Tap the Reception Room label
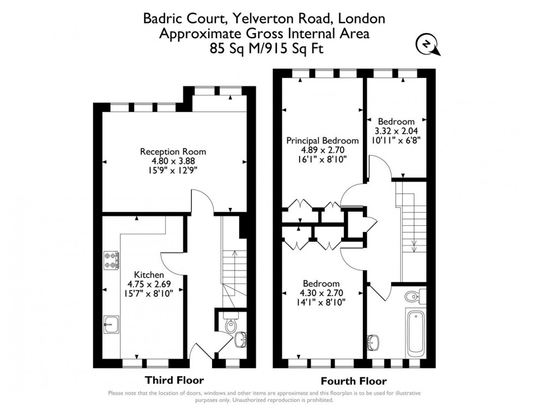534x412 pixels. click(x=173, y=151)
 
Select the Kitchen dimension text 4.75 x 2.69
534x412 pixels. click(x=149, y=284)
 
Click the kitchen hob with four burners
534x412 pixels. click(x=111, y=260)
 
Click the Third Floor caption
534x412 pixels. click(x=174, y=380)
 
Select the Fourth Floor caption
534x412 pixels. click(x=355, y=381)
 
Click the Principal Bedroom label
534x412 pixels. click(x=323, y=140)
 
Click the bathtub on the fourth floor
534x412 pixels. click(x=416, y=332)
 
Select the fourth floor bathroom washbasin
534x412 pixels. click(x=374, y=341)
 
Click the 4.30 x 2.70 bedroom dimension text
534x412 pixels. click(x=321, y=293)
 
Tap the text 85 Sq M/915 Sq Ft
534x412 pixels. click(x=264, y=48)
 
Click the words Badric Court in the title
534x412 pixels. click(x=174, y=19)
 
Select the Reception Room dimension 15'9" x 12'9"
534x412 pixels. click(x=173, y=169)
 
